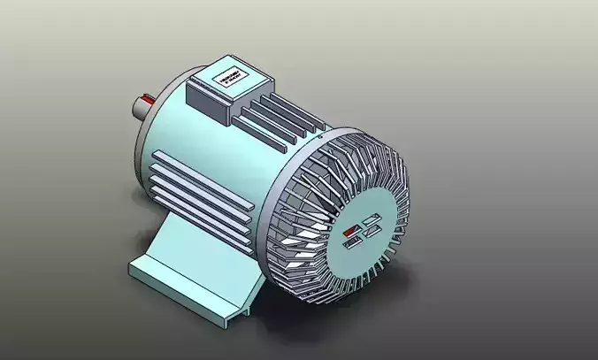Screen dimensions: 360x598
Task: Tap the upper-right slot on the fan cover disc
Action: click(372, 218)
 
